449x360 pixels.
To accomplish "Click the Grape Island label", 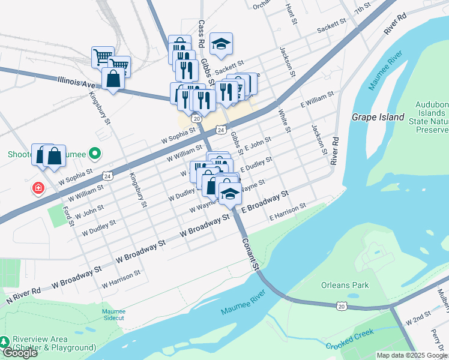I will [378, 117].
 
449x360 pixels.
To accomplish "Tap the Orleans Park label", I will [345, 285].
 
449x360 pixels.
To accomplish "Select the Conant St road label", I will [251, 253].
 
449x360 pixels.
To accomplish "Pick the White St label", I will [284, 120].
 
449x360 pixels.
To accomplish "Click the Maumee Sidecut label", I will [113, 314].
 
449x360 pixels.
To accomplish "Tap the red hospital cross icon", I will [38, 189].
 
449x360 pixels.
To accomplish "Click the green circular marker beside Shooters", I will [94, 154].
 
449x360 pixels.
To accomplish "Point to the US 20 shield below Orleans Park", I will [342, 306].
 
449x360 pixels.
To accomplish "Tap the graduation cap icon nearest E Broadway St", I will [229, 193].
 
